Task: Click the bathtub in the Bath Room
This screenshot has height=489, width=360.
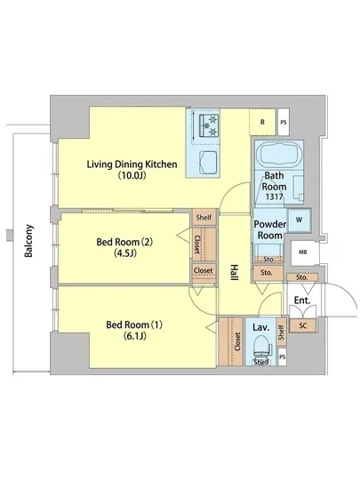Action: point(279,155)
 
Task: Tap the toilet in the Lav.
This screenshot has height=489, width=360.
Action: point(261,349)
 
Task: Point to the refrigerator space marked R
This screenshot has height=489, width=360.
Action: point(262,122)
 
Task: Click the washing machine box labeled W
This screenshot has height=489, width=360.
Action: point(299,220)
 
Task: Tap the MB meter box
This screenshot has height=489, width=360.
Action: point(302,253)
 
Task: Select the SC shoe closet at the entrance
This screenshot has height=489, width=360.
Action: point(302,325)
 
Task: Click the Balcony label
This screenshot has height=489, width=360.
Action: point(28,240)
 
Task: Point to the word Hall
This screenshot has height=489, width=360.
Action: point(234,273)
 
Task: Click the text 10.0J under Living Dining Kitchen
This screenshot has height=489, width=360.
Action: point(132,176)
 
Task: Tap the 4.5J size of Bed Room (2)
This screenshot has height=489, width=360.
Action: point(125,253)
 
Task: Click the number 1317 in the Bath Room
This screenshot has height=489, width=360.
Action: point(274,196)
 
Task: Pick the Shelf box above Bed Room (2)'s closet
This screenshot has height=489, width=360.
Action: point(204,217)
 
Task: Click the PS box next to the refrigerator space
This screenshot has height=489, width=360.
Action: point(283,122)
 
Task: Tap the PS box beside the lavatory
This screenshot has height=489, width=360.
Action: point(282,357)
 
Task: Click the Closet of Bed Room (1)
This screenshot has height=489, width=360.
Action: point(230,341)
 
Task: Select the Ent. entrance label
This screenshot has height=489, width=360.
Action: point(302,301)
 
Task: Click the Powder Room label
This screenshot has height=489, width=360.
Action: point(270,229)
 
